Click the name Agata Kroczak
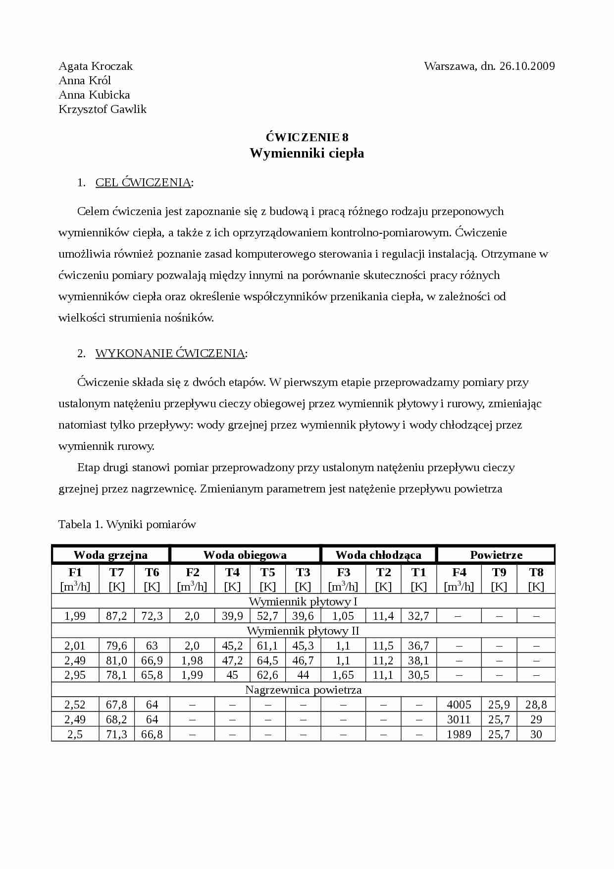point(96,66)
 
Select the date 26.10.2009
point(527,66)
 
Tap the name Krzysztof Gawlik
point(102,109)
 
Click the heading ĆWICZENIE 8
point(307,137)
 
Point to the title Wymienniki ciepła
point(307,153)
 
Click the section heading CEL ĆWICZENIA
point(143,182)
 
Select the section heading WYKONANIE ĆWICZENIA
point(170,353)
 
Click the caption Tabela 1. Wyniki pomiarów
point(127,524)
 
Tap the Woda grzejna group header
point(110,555)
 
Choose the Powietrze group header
point(496,555)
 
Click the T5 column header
point(267,572)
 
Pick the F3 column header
point(343,572)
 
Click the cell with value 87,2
point(116,616)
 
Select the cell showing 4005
point(459,705)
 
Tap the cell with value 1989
point(459,734)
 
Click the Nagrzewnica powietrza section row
point(303,690)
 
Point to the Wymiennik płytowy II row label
point(303,631)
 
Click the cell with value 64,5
point(267,660)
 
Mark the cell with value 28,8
point(536,705)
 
